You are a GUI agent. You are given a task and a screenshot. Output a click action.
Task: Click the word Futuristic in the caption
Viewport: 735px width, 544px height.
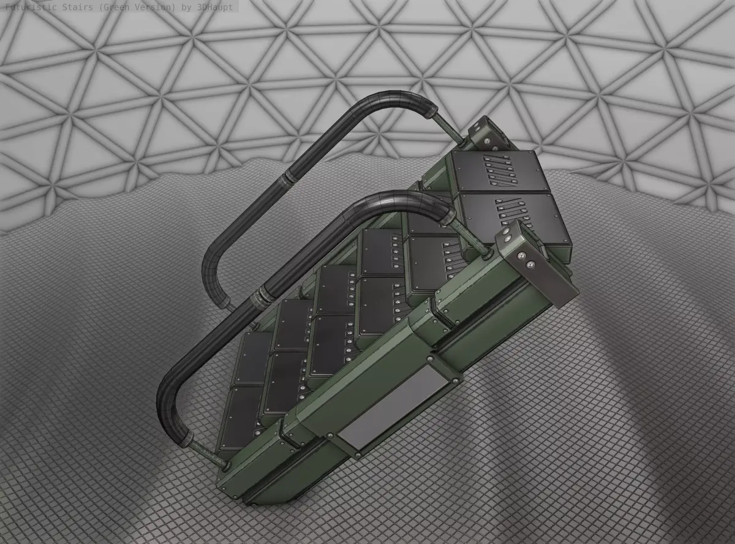tap(31, 7)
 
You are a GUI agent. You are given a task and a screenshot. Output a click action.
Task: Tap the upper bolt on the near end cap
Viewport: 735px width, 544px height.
tap(508, 235)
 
